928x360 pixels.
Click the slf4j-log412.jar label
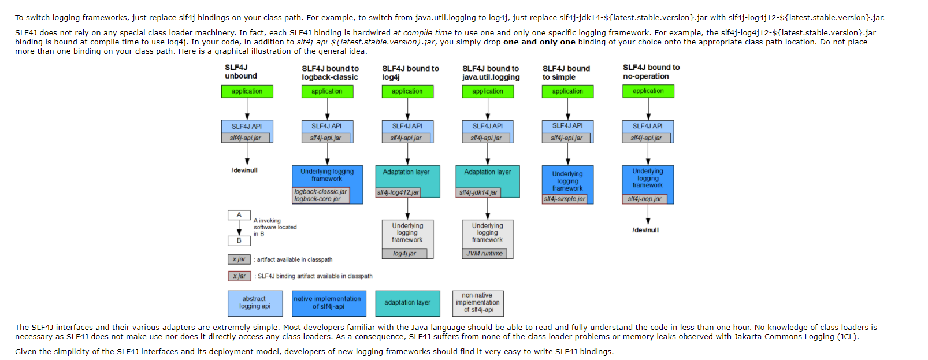[398, 192]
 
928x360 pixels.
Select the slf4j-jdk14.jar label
[478, 192]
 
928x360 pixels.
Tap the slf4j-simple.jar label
[565, 199]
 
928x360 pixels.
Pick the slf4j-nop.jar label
[645, 199]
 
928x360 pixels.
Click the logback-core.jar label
[317, 199]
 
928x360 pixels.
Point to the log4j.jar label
[404, 254]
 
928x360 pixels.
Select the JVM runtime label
[485, 254]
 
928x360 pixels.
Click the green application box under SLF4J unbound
[247, 91]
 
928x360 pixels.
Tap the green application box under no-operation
[648, 91]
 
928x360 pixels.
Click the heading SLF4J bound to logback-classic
[330, 73]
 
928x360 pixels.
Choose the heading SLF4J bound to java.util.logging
[491, 73]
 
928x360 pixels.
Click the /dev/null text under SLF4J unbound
[244, 170]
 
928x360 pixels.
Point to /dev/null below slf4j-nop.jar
[645, 230]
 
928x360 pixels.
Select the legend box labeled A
[239, 215]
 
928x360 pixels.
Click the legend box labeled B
[239, 240]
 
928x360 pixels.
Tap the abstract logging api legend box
[255, 303]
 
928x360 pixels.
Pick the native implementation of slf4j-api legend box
[329, 303]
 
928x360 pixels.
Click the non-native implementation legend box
[478, 303]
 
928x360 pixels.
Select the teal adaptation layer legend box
[407, 303]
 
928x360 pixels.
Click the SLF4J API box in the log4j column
[407, 126]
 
